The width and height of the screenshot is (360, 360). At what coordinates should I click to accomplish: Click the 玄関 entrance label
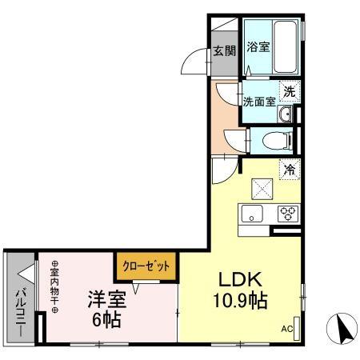(x=224, y=51)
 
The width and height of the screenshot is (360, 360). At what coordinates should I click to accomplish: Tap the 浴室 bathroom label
(x=258, y=46)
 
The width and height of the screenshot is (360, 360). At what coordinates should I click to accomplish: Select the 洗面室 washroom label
(x=259, y=102)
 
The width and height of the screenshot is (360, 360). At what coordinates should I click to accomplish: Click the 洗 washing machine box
(x=290, y=90)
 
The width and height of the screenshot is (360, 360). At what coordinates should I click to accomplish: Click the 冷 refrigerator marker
(x=289, y=169)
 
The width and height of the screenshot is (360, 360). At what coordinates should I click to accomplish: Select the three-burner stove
(x=287, y=213)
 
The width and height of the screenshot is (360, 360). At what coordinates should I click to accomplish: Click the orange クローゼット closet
(x=147, y=266)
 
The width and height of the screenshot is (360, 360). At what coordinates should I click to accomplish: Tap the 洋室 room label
(x=106, y=300)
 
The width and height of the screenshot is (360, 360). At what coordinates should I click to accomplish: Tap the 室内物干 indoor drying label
(x=56, y=290)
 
